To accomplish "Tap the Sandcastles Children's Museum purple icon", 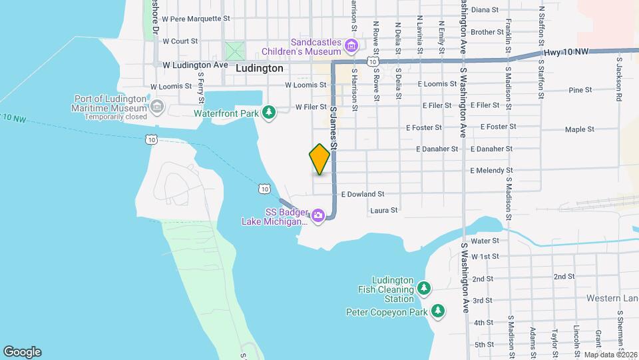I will [351, 45].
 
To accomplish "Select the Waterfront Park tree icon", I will [268, 113].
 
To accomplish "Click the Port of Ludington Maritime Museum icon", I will [157, 106].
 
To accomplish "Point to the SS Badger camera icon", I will [318, 215].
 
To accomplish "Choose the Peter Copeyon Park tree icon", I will [438, 311].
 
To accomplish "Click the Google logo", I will [22, 352].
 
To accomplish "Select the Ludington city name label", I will [259, 68].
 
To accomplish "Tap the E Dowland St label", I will [363, 194].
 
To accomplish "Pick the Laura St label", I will [383, 210].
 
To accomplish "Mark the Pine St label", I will [580, 90].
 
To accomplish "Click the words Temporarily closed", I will [115, 117].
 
